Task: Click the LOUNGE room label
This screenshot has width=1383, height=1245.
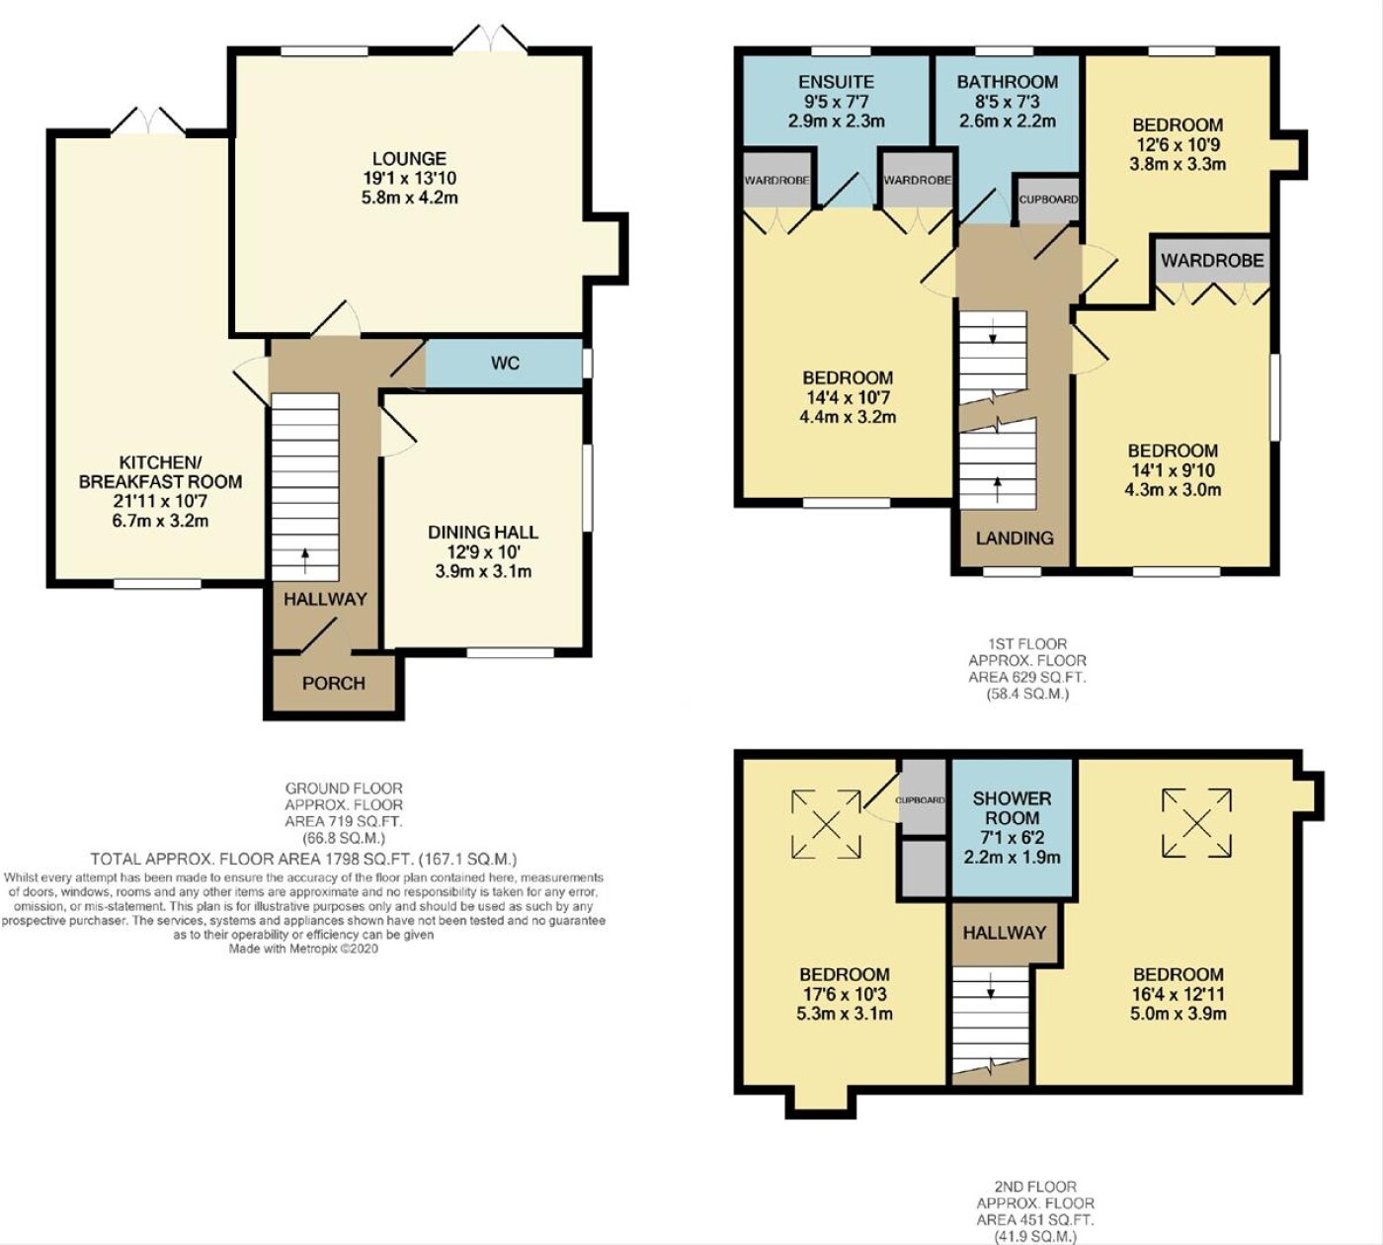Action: [410, 159]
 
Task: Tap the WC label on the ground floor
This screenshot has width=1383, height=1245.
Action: [506, 363]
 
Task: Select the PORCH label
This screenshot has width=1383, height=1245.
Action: [334, 683]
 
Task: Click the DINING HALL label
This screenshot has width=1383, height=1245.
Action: [483, 532]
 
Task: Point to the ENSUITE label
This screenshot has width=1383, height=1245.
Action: [837, 82]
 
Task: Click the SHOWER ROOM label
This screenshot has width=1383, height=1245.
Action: [1013, 808]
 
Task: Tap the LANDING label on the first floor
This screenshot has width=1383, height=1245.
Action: [1015, 538]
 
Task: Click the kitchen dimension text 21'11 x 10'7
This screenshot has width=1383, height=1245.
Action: [161, 501]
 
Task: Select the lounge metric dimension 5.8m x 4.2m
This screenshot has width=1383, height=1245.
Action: [410, 198]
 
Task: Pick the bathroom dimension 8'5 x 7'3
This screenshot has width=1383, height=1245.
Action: [1008, 102]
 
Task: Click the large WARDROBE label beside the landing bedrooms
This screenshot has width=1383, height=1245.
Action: [1213, 260]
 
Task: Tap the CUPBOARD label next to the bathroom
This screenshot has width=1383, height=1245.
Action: [1048, 200]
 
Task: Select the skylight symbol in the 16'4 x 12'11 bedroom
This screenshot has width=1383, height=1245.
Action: [1197, 822]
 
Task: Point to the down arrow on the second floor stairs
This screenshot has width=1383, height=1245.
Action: [991, 986]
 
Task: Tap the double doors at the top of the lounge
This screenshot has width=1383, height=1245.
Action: [492, 39]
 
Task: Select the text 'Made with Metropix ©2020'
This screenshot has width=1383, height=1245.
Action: [303, 949]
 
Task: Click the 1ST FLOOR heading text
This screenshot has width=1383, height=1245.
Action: [1026, 644]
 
